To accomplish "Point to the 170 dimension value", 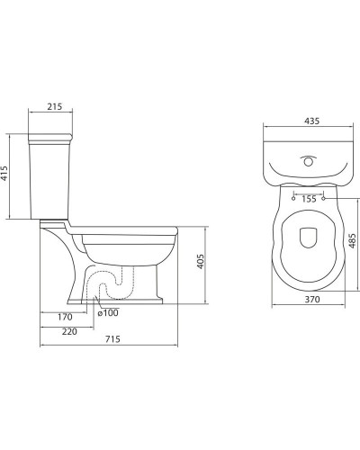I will point(64,317).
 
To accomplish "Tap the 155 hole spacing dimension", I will point(309,199).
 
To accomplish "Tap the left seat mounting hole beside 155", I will point(293,199).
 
